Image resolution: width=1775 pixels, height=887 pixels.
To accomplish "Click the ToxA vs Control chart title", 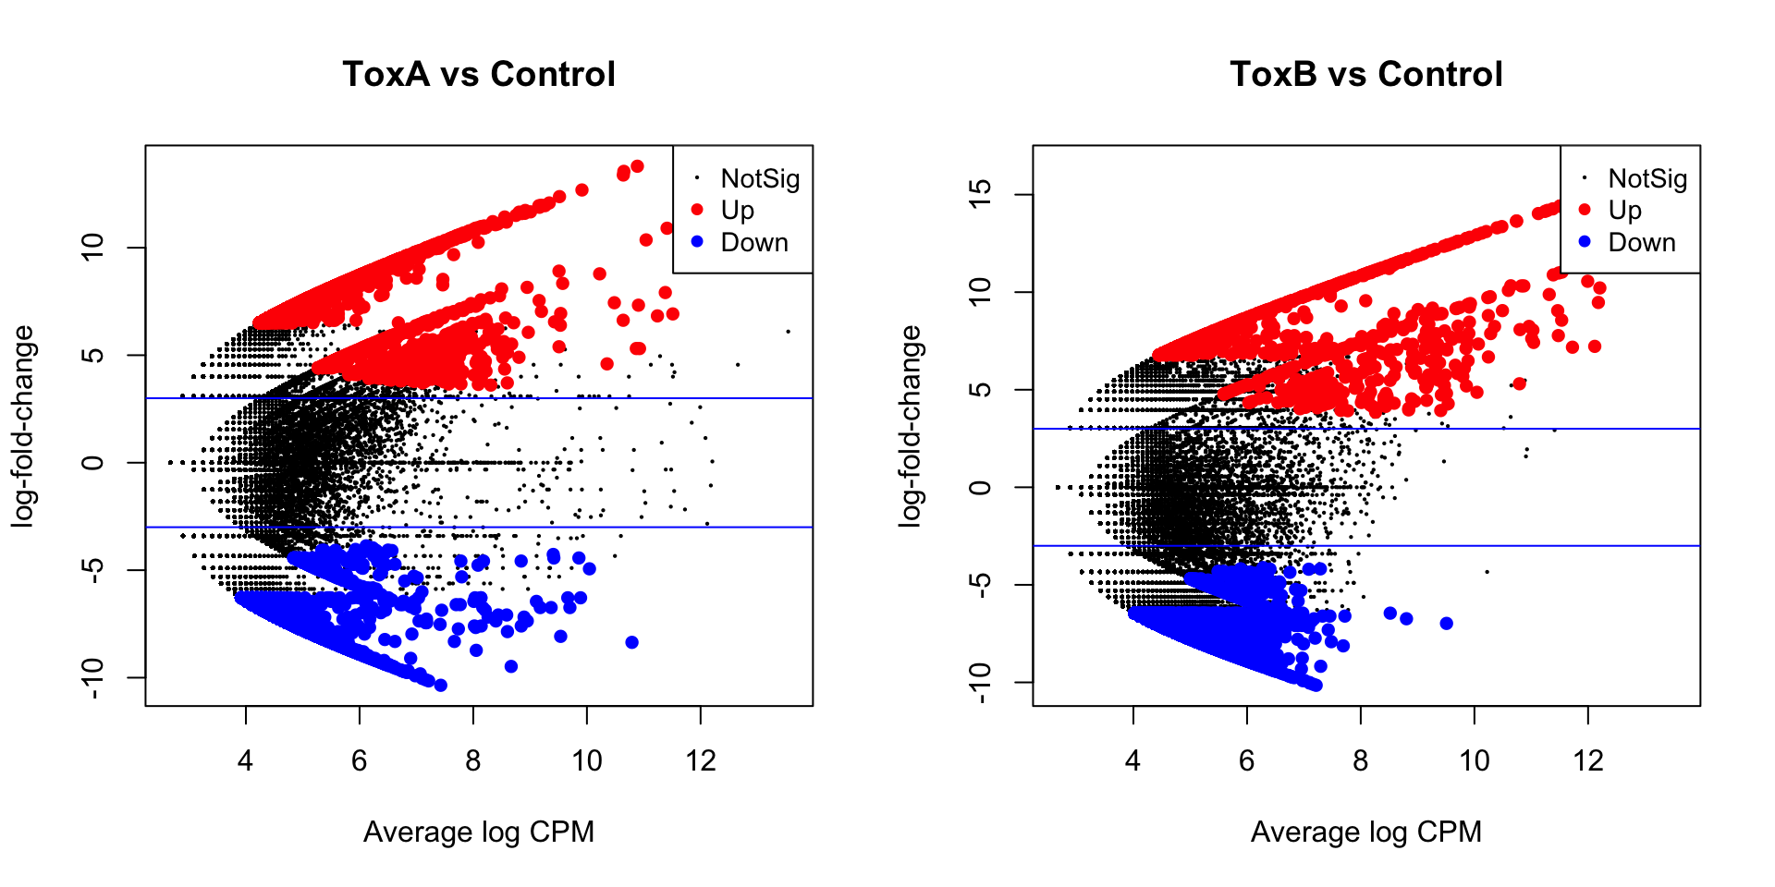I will pos(479,74).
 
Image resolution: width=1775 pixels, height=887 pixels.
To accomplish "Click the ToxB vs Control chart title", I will pos(1366,74).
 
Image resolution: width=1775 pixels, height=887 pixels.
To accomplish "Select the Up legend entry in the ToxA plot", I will pos(737,211).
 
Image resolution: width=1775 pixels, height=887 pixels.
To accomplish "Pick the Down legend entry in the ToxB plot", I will pos(1641,242).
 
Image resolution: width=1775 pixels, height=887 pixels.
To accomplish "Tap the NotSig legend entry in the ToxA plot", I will pos(759,178).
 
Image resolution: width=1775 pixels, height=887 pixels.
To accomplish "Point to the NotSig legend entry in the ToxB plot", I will pos(1646,178).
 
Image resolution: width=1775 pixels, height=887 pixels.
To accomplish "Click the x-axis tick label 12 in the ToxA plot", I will pos(701,760).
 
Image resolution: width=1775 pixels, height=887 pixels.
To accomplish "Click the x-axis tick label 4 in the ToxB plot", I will pos(1133,760).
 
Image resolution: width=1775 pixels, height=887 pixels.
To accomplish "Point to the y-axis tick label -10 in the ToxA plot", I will pos(92,678).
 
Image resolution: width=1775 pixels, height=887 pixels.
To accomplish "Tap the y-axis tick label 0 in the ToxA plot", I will pos(92,462).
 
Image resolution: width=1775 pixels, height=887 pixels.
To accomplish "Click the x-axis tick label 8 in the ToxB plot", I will pos(1361,760).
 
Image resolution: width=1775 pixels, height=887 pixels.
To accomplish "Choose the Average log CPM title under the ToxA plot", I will pos(479,832).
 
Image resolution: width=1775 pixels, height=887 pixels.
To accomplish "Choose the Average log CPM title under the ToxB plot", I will pos(1366,832).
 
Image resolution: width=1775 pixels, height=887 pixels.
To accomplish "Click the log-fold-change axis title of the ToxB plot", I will pos(911,426).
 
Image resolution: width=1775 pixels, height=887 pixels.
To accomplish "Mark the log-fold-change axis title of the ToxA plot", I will pos(23,426).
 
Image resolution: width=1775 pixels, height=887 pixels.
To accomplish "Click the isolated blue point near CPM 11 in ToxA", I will pos(632,642).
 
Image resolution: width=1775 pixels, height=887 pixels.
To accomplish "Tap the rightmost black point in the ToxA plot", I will pos(788,331).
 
